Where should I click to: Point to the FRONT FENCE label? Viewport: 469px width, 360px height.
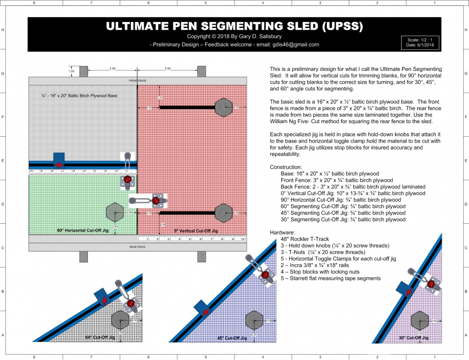pyautogui.click(x=137, y=81)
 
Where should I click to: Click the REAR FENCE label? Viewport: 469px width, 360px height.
pyautogui.click(x=137, y=247)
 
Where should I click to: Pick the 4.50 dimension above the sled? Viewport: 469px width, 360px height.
pyautogui.click(x=112, y=68)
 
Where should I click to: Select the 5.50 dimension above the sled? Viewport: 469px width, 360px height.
pyautogui.click(x=168, y=68)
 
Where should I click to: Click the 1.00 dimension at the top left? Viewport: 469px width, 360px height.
pyautogui.click(x=71, y=71)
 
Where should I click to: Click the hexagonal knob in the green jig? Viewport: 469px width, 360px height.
pyautogui.click(x=115, y=212)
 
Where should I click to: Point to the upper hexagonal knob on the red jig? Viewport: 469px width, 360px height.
pyautogui.click(x=223, y=107)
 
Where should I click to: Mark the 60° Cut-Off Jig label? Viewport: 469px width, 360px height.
pyautogui.click(x=100, y=338)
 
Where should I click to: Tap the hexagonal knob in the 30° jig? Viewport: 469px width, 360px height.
pyautogui.click(x=418, y=320)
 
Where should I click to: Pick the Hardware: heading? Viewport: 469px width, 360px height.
pyautogui.click(x=283, y=233)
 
